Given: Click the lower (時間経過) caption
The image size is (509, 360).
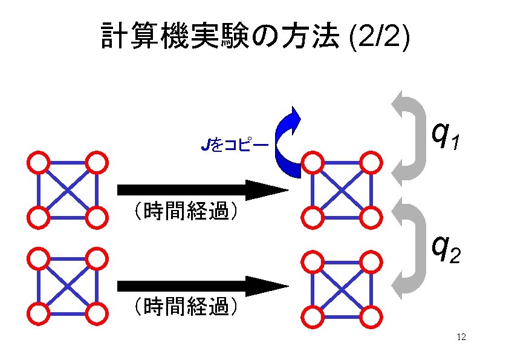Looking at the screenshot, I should pos(184,307).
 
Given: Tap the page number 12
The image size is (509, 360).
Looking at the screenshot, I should pos(461,337).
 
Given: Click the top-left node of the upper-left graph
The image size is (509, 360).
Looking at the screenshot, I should pos(38,162).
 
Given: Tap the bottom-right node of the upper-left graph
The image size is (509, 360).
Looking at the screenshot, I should pos(96,217).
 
